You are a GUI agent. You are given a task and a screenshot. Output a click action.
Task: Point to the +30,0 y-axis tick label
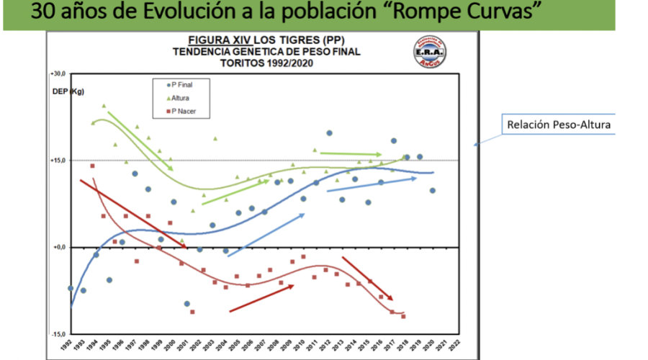pos(58,74)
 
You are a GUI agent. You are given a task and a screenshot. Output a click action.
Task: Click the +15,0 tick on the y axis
pos(58,161)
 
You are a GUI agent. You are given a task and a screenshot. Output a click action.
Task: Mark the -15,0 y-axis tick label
pos(58,334)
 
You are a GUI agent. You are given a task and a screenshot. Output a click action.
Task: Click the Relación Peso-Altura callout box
pos(559,125)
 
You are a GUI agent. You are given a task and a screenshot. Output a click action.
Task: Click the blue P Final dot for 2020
pos(432,190)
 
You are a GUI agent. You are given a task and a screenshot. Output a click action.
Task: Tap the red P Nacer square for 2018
pos(404,316)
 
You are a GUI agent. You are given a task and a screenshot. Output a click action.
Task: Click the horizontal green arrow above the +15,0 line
pos(351,153)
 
